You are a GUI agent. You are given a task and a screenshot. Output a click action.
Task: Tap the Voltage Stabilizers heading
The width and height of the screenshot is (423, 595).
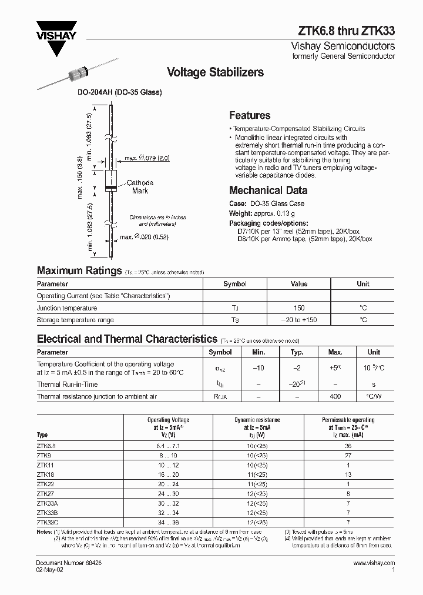pos(215,72)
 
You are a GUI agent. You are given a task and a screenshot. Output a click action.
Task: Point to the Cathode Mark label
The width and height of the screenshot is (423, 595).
pos(140,186)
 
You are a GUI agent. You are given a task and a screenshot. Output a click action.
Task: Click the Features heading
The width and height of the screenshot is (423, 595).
pos(250,115)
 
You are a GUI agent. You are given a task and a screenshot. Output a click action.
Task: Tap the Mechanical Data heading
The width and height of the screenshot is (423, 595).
pos(268,190)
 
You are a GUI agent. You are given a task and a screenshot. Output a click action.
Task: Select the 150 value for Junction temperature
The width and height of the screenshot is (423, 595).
pos(298,308)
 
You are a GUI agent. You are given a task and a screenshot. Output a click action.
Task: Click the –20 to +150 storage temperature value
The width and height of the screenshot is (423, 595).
pos(298,320)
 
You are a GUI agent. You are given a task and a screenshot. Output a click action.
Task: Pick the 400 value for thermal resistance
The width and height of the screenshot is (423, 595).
pos(335,397)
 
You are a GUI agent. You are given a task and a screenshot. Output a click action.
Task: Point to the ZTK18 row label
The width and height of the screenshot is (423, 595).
pos(46,474)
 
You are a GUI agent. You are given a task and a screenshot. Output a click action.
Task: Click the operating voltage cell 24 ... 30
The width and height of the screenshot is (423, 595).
pos(168,493)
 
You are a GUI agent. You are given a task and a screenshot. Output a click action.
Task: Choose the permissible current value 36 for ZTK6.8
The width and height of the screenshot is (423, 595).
pos(348,445)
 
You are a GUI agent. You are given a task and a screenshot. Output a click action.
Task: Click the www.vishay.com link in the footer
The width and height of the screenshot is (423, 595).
pos(374,563)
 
